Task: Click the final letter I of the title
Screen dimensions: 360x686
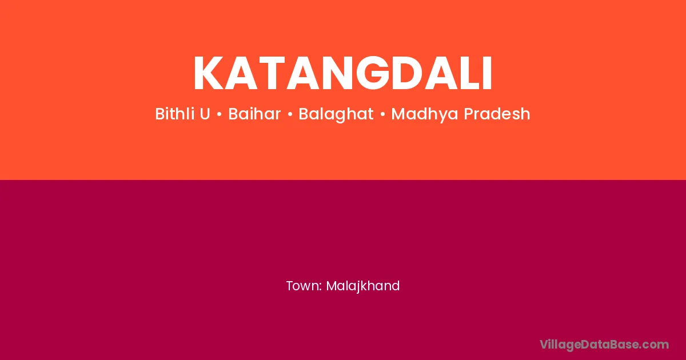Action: (486, 74)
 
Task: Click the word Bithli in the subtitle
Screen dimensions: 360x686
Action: (174, 114)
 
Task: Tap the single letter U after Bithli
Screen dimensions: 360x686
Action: (205, 114)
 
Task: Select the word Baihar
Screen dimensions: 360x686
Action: (254, 114)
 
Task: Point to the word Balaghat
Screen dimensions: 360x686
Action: (336, 114)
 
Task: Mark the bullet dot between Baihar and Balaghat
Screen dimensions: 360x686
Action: (290, 115)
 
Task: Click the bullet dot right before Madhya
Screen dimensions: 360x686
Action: (382, 115)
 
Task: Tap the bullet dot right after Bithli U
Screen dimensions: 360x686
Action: (219, 115)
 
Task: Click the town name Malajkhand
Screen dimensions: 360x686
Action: (363, 286)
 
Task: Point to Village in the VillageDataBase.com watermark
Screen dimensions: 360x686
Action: (560, 345)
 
